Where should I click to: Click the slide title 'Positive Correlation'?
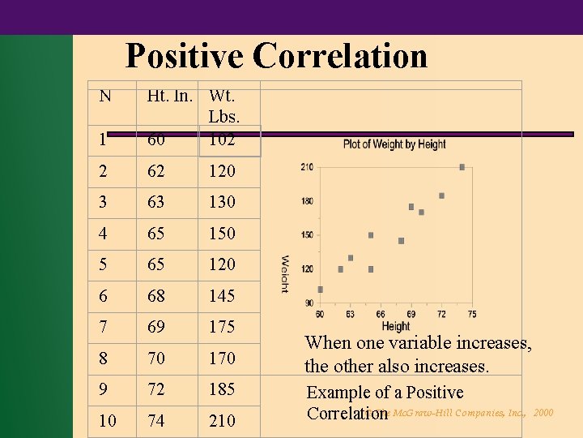click(x=276, y=56)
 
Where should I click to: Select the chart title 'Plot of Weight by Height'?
click(x=394, y=144)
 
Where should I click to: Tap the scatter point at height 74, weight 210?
click(x=462, y=167)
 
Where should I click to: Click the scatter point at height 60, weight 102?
click(x=320, y=289)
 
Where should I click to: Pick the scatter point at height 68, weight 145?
click(x=401, y=241)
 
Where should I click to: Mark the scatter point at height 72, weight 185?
click(x=441, y=195)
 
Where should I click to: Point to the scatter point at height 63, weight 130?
click(x=351, y=258)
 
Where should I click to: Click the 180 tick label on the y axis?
click(x=307, y=201)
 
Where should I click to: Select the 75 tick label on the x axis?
click(x=471, y=314)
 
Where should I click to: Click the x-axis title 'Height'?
click(x=395, y=326)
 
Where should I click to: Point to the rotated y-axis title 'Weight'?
click(x=285, y=274)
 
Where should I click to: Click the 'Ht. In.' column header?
click(x=169, y=97)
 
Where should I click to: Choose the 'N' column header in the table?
click(x=104, y=97)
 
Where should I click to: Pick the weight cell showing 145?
click(x=222, y=296)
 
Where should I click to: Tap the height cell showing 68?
click(x=156, y=296)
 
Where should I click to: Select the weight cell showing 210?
click(x=222, y=421)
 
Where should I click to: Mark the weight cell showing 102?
click(x=222, y=140)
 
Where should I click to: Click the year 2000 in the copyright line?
click(x=543, y=413)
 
